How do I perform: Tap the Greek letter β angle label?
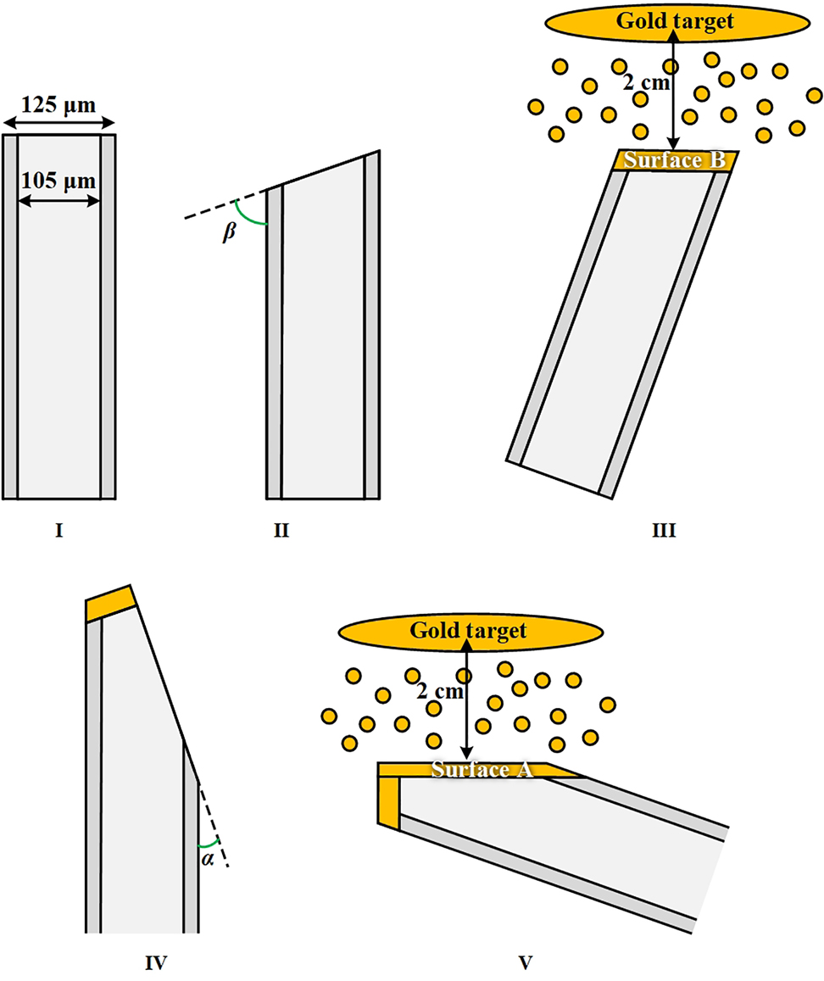coord(227,234)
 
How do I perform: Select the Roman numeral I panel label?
coord(58,532)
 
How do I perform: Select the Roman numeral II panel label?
coord(281,532)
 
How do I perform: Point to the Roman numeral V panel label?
coord(525,962)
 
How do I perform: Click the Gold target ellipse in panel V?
coord(468,631)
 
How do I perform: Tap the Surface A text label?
coord(480,770)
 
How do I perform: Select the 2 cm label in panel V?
coord(441,692)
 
